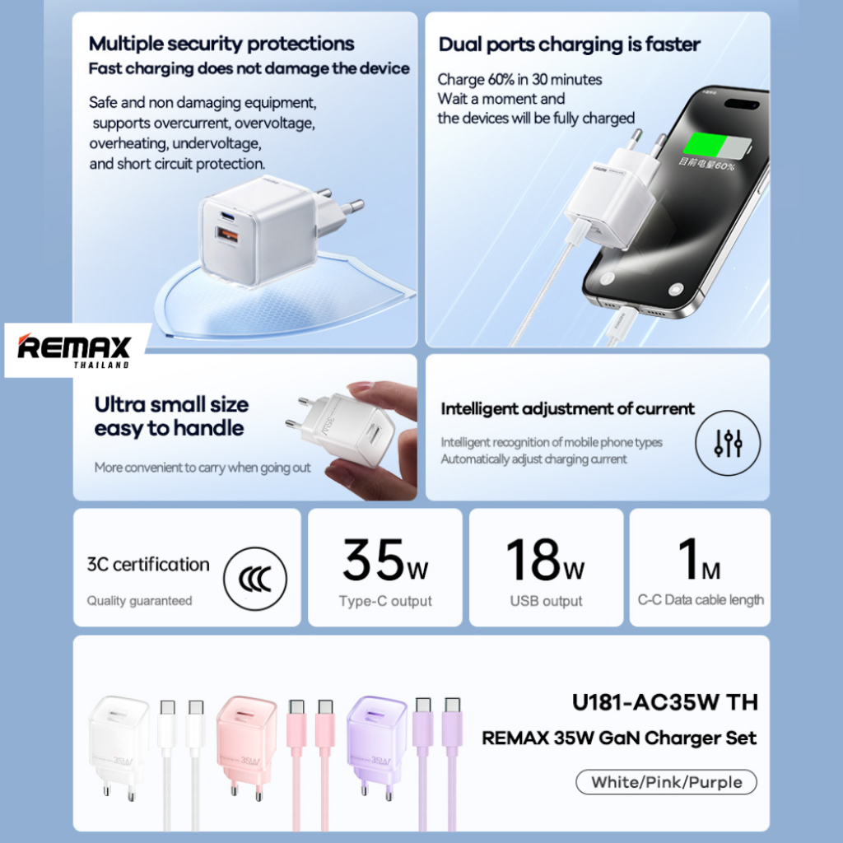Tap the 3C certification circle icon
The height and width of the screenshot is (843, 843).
(x=256, y=579)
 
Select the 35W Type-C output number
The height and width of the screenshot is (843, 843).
(x=385, y=561)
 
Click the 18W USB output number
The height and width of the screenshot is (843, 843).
(x=546, y=561)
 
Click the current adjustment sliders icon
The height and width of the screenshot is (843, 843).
(x=728, y=443)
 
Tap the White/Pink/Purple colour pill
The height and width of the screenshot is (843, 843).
(x=666, y=782)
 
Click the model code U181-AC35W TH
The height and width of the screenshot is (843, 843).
(x=664, y=702)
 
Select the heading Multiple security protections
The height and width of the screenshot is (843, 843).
(x=221, y=44)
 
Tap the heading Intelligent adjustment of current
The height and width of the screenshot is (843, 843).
(x=567, y=408)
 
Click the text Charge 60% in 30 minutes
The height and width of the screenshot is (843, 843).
(x=519, y=80)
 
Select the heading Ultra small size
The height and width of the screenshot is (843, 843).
(x=171, y=404)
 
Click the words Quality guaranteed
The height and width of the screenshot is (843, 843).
(x=139, y=601)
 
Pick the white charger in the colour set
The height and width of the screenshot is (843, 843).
(x=117, y=741)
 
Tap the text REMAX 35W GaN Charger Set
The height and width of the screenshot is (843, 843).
(x=619, y=738)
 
